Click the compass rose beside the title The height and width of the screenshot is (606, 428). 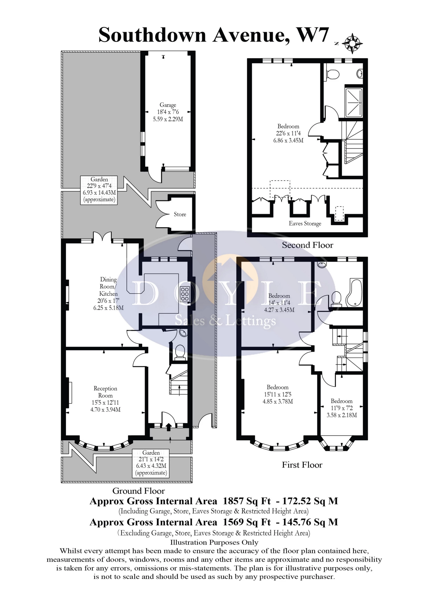pos(353,43)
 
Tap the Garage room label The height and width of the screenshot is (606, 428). pos(168,105)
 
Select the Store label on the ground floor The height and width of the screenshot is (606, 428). pos(180,214)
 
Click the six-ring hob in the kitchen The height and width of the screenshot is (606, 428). pos(185,294)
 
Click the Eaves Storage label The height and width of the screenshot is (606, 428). pos(305,224)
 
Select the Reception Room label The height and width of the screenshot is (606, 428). pos(105,392)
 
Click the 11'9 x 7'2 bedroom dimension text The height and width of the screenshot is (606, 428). pos(342,408)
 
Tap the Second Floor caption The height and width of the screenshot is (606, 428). pos(307,245)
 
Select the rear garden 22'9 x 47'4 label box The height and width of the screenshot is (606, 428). pos(99,190)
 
